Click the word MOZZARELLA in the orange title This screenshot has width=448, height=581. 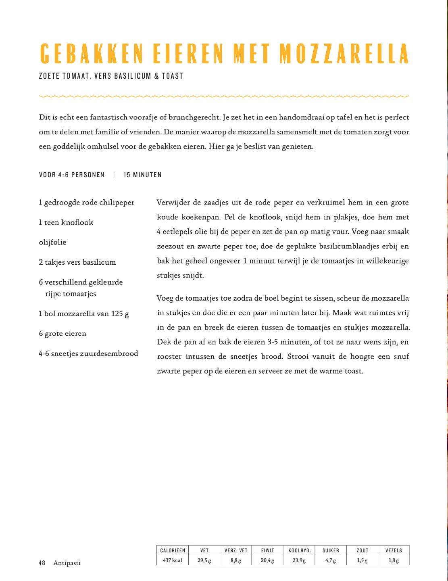tap(344, 54)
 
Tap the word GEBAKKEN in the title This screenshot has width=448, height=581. tap(92, 54)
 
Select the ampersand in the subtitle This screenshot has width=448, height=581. tap(156, 76)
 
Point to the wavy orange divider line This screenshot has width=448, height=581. tap(224, 96)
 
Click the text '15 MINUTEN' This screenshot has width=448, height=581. tap(143, 175)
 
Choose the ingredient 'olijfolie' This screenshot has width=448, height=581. tap(52, 242)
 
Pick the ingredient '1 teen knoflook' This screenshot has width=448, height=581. tap(66, 222)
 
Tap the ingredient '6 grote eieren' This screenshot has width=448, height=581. tap(63, 334)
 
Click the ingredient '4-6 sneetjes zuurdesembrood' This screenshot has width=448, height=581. tap(88, 353)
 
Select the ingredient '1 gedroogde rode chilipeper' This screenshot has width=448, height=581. tap(86, 203)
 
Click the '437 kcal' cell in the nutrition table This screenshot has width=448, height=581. tap(172, 560)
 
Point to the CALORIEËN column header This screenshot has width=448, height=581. tap(173, 550)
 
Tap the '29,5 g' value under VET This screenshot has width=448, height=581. tap(204, 560)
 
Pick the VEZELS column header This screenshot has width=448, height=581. tap(394, 550)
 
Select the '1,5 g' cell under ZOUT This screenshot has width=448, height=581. tap(362, 560)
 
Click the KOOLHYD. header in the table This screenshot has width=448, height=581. tap(299, 550)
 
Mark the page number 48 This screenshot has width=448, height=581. tap(42, 563)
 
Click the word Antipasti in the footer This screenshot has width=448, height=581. tap(67, 563)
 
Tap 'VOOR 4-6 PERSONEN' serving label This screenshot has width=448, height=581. tap(72, 175)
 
